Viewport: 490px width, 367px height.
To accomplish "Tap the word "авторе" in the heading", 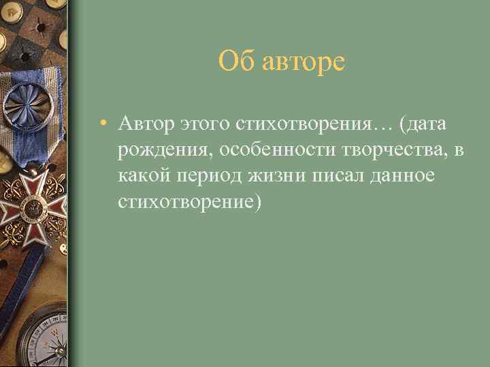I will click(304, 62).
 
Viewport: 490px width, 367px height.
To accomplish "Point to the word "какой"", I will click(144, 177).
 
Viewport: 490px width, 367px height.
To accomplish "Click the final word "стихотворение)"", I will click(189, 203).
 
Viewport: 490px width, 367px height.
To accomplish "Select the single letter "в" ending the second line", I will click(459, 151).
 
